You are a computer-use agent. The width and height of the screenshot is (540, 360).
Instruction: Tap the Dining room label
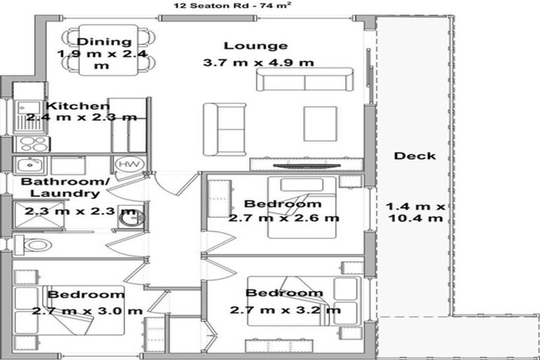103,42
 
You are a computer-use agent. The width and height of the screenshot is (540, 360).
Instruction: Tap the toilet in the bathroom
32,245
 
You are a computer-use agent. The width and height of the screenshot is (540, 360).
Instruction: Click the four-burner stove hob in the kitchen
32,144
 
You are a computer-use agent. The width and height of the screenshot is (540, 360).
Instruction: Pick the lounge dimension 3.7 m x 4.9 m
258,63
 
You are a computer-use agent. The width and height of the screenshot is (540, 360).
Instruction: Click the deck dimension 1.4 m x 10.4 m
415,212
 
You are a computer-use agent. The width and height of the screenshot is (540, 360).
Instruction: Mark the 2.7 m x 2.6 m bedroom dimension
283,218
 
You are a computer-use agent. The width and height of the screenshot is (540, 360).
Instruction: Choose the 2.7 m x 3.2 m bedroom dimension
285,309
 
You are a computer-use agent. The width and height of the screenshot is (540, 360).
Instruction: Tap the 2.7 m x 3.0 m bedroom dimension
86,310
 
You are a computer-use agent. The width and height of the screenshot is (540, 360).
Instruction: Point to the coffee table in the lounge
320,124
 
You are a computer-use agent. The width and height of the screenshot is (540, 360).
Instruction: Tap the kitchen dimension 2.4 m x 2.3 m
81,117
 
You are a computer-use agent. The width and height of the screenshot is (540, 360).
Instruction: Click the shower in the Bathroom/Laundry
31,214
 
